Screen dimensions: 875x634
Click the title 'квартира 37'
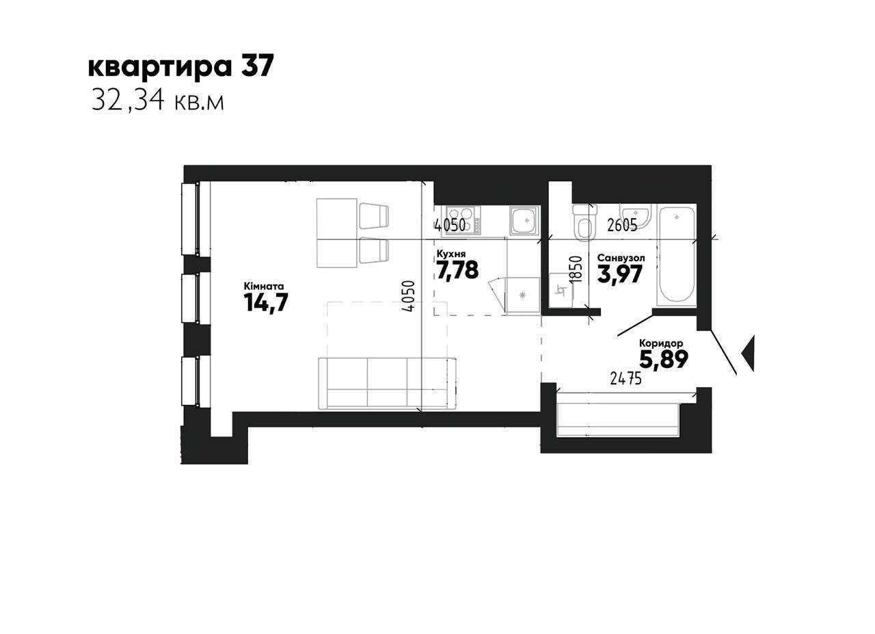(180, 67)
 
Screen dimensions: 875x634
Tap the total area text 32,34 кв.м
(158, 102)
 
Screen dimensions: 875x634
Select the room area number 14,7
(266, 302)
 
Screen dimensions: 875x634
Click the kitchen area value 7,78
(457, 269)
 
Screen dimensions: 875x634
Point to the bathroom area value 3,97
(620, 274)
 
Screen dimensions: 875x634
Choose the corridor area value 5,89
(664, 359)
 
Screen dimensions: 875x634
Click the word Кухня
(450, 254)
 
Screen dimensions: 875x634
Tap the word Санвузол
(621, 258)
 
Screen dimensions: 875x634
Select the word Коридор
(661, 343)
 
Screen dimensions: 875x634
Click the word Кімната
(264, 286)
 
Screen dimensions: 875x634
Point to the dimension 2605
(622, 226)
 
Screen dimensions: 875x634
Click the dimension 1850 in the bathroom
(576, 269)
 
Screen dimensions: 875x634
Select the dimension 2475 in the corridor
(625, 378)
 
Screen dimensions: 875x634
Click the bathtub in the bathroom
(676, 256)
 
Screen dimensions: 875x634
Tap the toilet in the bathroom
(584, 222)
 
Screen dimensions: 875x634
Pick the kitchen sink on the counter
(524, 221)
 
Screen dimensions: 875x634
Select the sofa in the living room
(388, 384)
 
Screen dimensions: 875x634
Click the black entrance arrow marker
(748, 353)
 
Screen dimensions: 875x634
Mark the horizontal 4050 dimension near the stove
(450, 226)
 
